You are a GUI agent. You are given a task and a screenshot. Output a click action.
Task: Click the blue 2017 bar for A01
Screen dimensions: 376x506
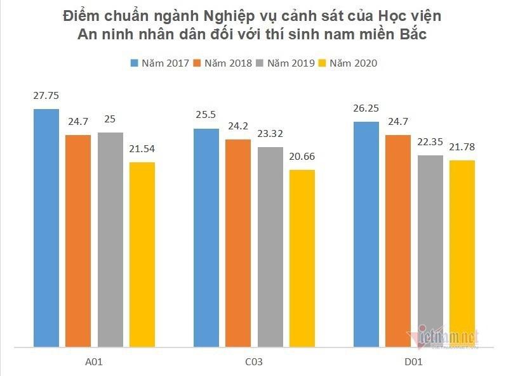point(46,228)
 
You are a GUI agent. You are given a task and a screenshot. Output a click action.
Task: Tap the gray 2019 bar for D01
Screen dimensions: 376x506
point(430,251)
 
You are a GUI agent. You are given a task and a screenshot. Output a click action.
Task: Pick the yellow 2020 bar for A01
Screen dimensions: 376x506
point(142,254)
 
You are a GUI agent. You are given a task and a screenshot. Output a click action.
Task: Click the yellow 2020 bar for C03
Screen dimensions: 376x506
point(302,258)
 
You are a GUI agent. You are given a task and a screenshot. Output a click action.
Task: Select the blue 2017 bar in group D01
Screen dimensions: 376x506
point(366,234)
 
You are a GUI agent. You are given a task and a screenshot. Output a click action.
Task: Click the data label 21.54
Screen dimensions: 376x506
point(142,150)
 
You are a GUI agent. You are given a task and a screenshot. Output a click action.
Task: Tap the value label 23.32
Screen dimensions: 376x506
point(270,134)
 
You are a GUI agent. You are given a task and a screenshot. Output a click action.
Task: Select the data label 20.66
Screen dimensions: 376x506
point(302,157)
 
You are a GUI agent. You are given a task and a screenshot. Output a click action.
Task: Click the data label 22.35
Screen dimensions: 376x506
point(430,142)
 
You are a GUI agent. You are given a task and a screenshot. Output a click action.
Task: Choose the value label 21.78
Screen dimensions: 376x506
point(462,147)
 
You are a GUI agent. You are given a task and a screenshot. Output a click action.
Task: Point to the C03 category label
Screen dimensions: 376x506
point(253,363)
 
